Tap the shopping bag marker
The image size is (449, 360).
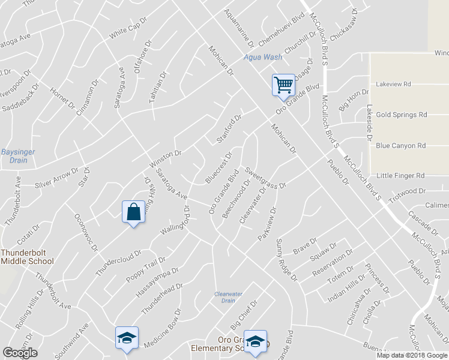tap(133, 211)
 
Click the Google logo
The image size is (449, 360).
tap(20, 353)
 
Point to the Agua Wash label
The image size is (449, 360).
tap(262, 58)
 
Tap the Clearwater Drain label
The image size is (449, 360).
tap(228, 297)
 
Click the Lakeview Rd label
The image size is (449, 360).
tap(393, 85)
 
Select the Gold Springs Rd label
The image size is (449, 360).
tap(401, 115)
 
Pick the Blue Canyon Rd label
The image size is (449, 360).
tap(400, 146)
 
